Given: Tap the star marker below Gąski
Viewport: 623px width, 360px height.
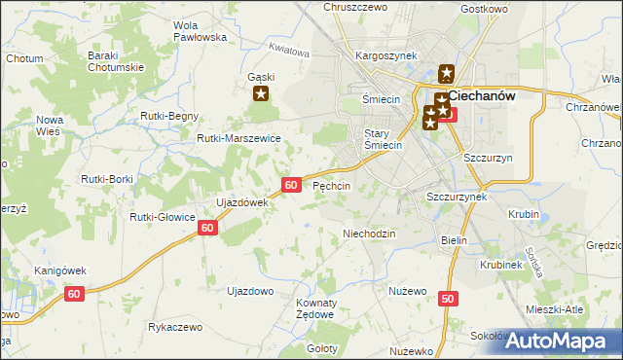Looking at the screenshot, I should tap(261, 94).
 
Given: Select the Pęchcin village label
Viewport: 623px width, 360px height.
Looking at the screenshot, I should tap(331, 185).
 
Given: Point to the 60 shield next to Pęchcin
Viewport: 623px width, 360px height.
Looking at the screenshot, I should tap(291, 184).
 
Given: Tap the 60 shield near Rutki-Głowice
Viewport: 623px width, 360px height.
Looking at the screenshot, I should tap(206, 227).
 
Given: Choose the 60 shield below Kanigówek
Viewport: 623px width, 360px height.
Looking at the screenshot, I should tap(75, 292).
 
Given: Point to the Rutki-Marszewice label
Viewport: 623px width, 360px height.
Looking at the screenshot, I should tap(238, 139).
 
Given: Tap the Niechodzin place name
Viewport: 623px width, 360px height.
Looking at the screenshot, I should tap(369, 234).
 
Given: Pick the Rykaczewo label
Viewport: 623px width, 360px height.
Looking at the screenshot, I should tap(174, 327).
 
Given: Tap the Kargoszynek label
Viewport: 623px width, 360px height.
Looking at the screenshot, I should tap(386, 56).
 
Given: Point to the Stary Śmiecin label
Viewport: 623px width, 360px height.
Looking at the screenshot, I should tap(383, 139).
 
